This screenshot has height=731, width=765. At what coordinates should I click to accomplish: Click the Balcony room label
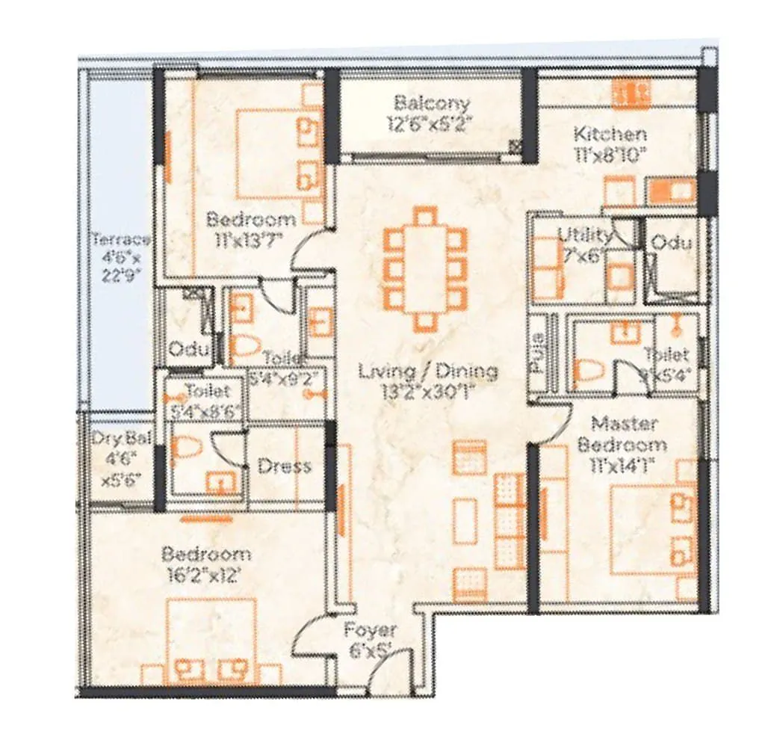pyautogui.click(x=432, y=103)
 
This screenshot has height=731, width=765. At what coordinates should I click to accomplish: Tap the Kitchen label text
pyautogui.click(x=610, y=135)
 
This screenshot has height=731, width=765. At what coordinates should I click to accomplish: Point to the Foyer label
pyautogui.click(x=370, y=630)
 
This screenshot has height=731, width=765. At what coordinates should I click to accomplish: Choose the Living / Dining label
pyautogui.click(x=427, y=371)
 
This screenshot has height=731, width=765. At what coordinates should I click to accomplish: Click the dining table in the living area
pyautogui.click(x=424, y=268)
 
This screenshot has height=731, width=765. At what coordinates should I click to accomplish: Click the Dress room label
pyautogui.click(x=284, y=466)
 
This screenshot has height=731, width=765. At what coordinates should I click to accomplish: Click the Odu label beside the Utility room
pyautogui.click(x=670, y=243)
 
